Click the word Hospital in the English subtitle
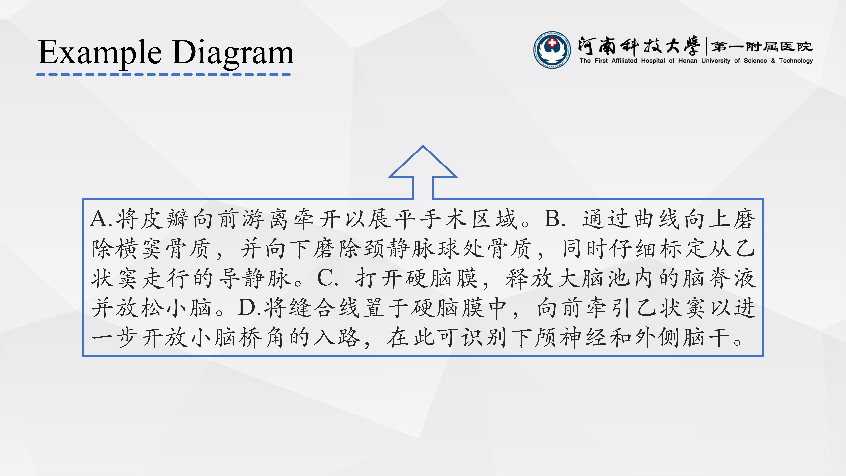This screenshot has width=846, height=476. point(653,61)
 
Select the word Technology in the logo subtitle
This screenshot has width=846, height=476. point(796,61)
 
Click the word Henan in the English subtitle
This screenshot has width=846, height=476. point(688,61)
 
